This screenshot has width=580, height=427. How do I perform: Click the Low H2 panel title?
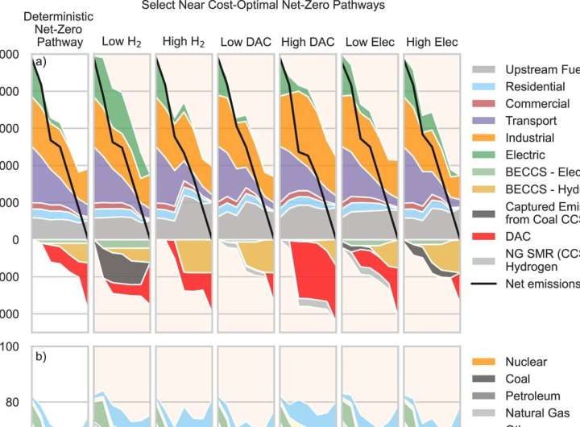point(120,42)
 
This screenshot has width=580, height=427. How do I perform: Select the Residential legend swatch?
point(483,87)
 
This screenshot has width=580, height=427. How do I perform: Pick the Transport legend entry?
point(532,121)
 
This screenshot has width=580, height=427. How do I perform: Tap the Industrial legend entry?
point(532,138)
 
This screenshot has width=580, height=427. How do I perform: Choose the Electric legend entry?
point(527,155)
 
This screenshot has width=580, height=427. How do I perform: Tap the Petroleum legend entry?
point(532,396)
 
